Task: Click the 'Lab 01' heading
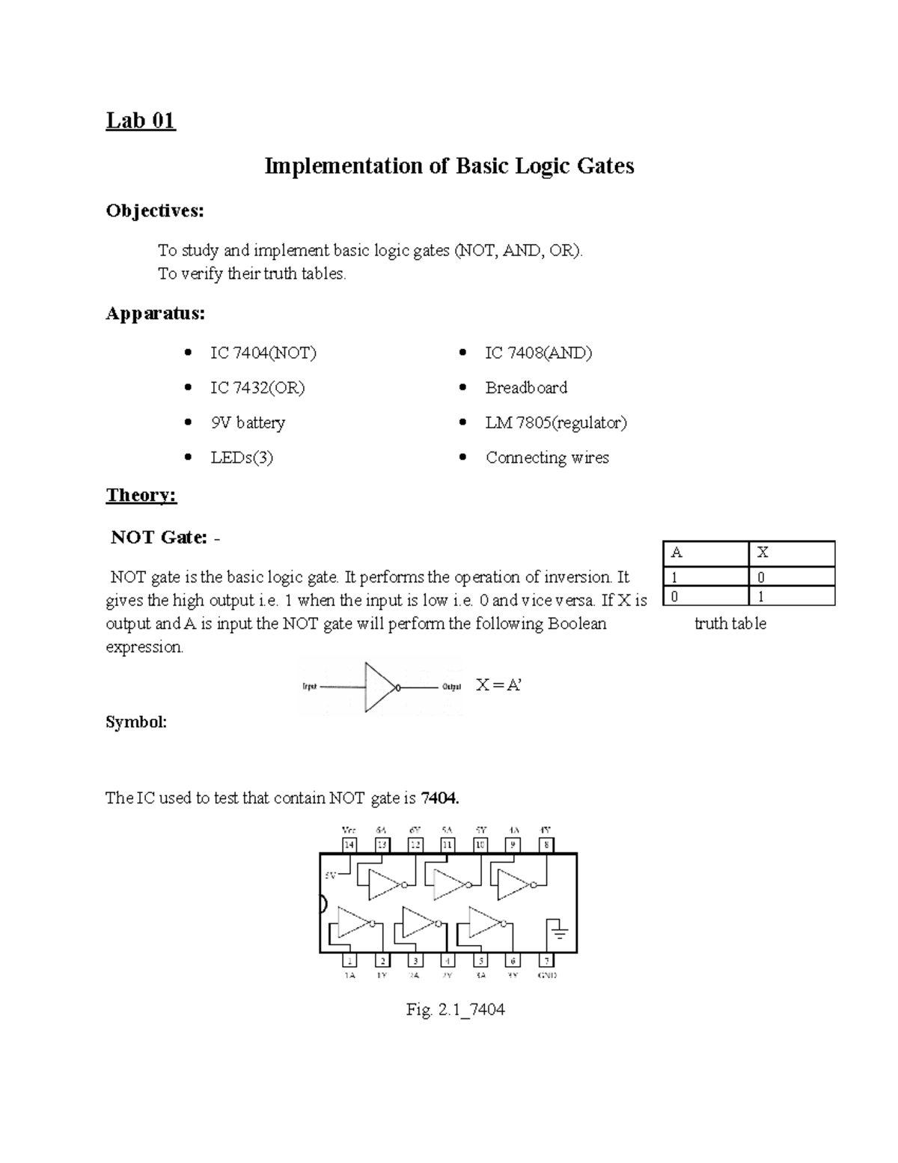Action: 141,120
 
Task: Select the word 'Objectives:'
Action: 155,211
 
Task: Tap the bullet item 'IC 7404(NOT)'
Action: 263,353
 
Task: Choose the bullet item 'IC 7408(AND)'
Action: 538,353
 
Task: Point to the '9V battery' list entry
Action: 248,422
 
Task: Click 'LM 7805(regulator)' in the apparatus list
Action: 556,422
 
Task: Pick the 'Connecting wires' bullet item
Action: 547,458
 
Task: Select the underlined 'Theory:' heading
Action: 141,495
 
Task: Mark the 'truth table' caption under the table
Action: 730,624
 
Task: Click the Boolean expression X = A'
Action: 498,685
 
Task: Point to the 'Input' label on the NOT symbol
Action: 309,687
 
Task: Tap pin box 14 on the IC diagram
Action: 349,845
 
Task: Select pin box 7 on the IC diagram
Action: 547,961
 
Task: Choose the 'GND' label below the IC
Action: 547,976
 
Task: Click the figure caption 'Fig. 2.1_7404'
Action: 455,1009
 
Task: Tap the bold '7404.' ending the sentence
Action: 440,798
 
